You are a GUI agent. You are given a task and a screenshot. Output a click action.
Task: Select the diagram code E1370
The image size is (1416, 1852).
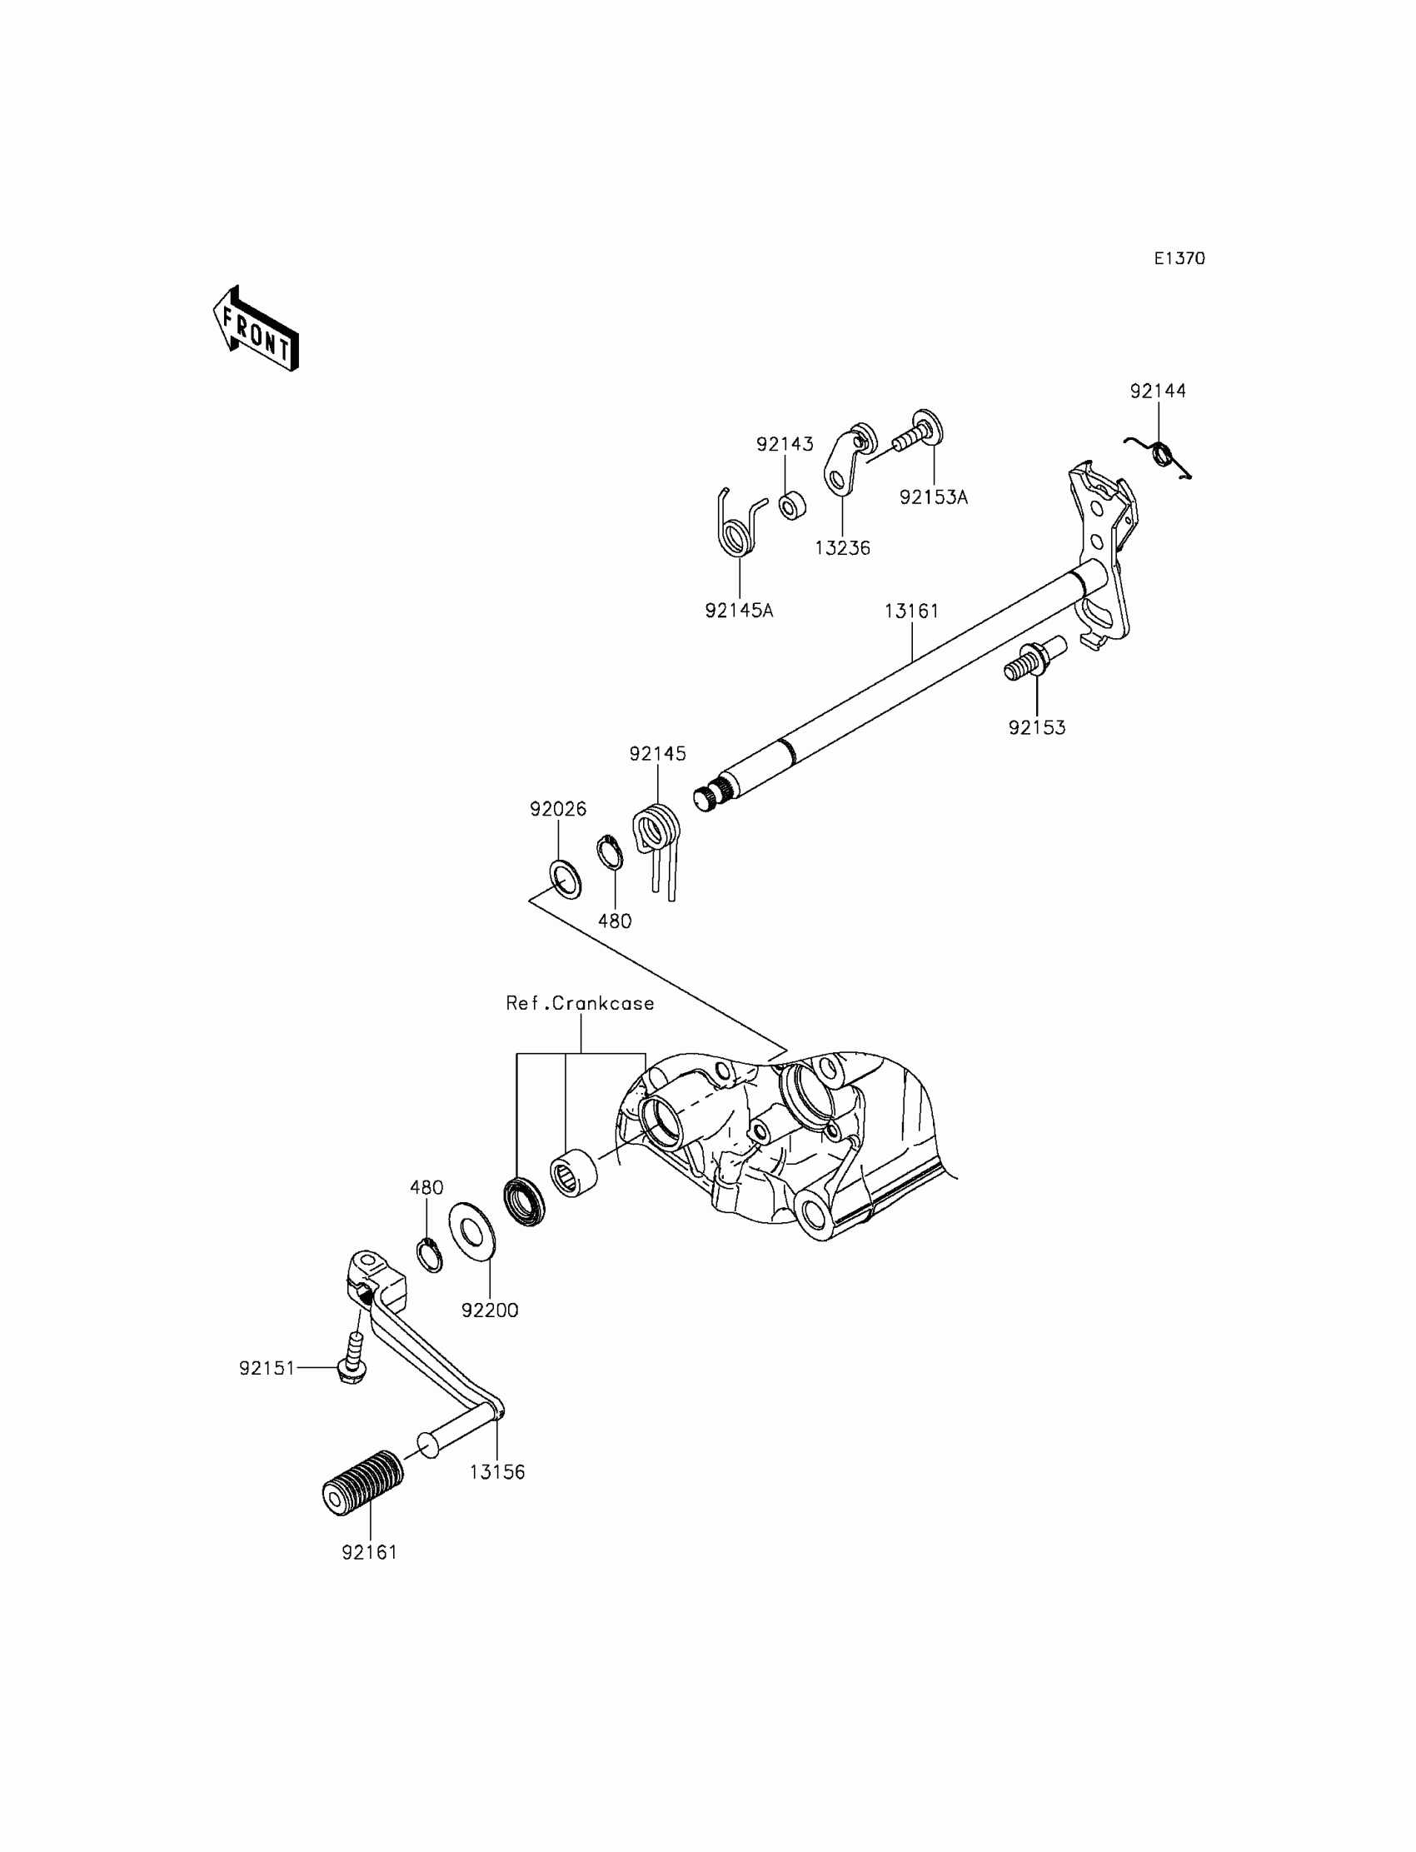point(1179,259)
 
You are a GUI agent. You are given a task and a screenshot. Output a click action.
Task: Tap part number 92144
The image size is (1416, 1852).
point(1157,391)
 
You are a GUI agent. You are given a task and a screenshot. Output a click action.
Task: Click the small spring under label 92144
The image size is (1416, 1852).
point(1163,456)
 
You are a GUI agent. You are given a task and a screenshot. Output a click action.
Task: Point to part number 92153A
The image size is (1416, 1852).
point(933,498)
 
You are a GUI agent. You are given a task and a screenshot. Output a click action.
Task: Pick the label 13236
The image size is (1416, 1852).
point(842,549)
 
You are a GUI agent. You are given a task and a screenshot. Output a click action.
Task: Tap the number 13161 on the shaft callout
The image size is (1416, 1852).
point(911,612)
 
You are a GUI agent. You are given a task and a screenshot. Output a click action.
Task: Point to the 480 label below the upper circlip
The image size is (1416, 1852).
point(615,921)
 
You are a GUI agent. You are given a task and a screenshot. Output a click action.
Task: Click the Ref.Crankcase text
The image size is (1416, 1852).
point(580,1003)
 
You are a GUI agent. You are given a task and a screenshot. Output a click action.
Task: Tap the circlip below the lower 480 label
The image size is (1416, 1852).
point(430,1255)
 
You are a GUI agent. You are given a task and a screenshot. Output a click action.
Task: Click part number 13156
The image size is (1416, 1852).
point(496,1473)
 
